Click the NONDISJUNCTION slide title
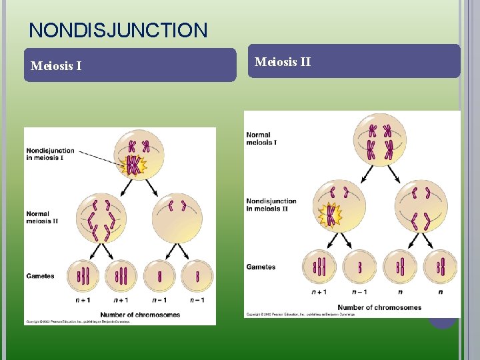point(119,30)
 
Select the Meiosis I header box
point(130,65)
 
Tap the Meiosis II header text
point(283,62)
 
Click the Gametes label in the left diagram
point(40,276)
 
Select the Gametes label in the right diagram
point(261,267)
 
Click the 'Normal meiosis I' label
point(261,139)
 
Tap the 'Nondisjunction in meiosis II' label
point(271,205)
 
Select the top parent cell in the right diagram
point(379,138)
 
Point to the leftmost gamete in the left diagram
point(83,275)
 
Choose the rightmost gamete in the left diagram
point(197,275)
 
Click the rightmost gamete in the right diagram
point(441,266)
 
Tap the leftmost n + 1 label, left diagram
point(83,300)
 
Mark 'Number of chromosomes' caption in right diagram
point(379,307)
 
